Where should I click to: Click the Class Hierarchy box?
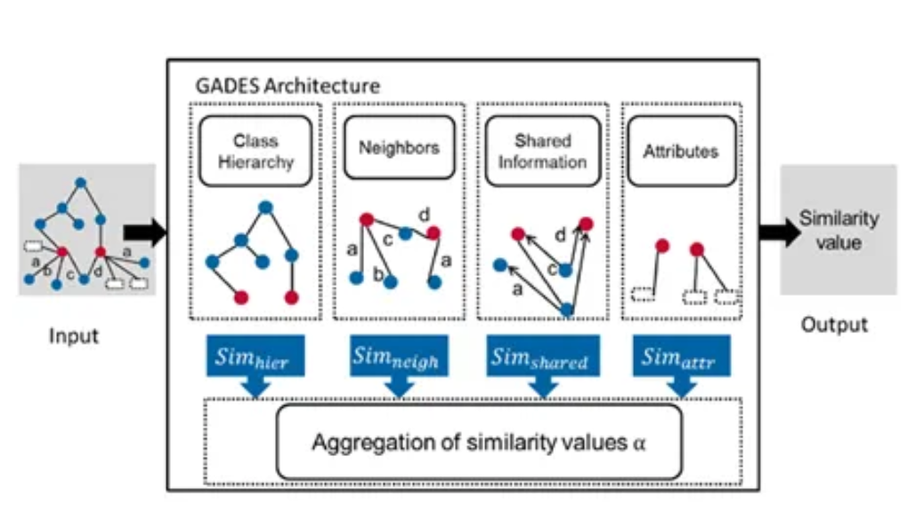255,151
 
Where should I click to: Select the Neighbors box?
399,149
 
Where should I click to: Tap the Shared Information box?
542,151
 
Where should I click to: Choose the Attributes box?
680,151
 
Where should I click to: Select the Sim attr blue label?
681,357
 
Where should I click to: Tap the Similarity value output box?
838,229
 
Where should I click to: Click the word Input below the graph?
74,337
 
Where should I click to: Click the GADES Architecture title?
288,86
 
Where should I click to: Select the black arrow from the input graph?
147,233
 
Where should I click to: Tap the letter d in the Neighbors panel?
424,215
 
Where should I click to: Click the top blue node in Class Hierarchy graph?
265,208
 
